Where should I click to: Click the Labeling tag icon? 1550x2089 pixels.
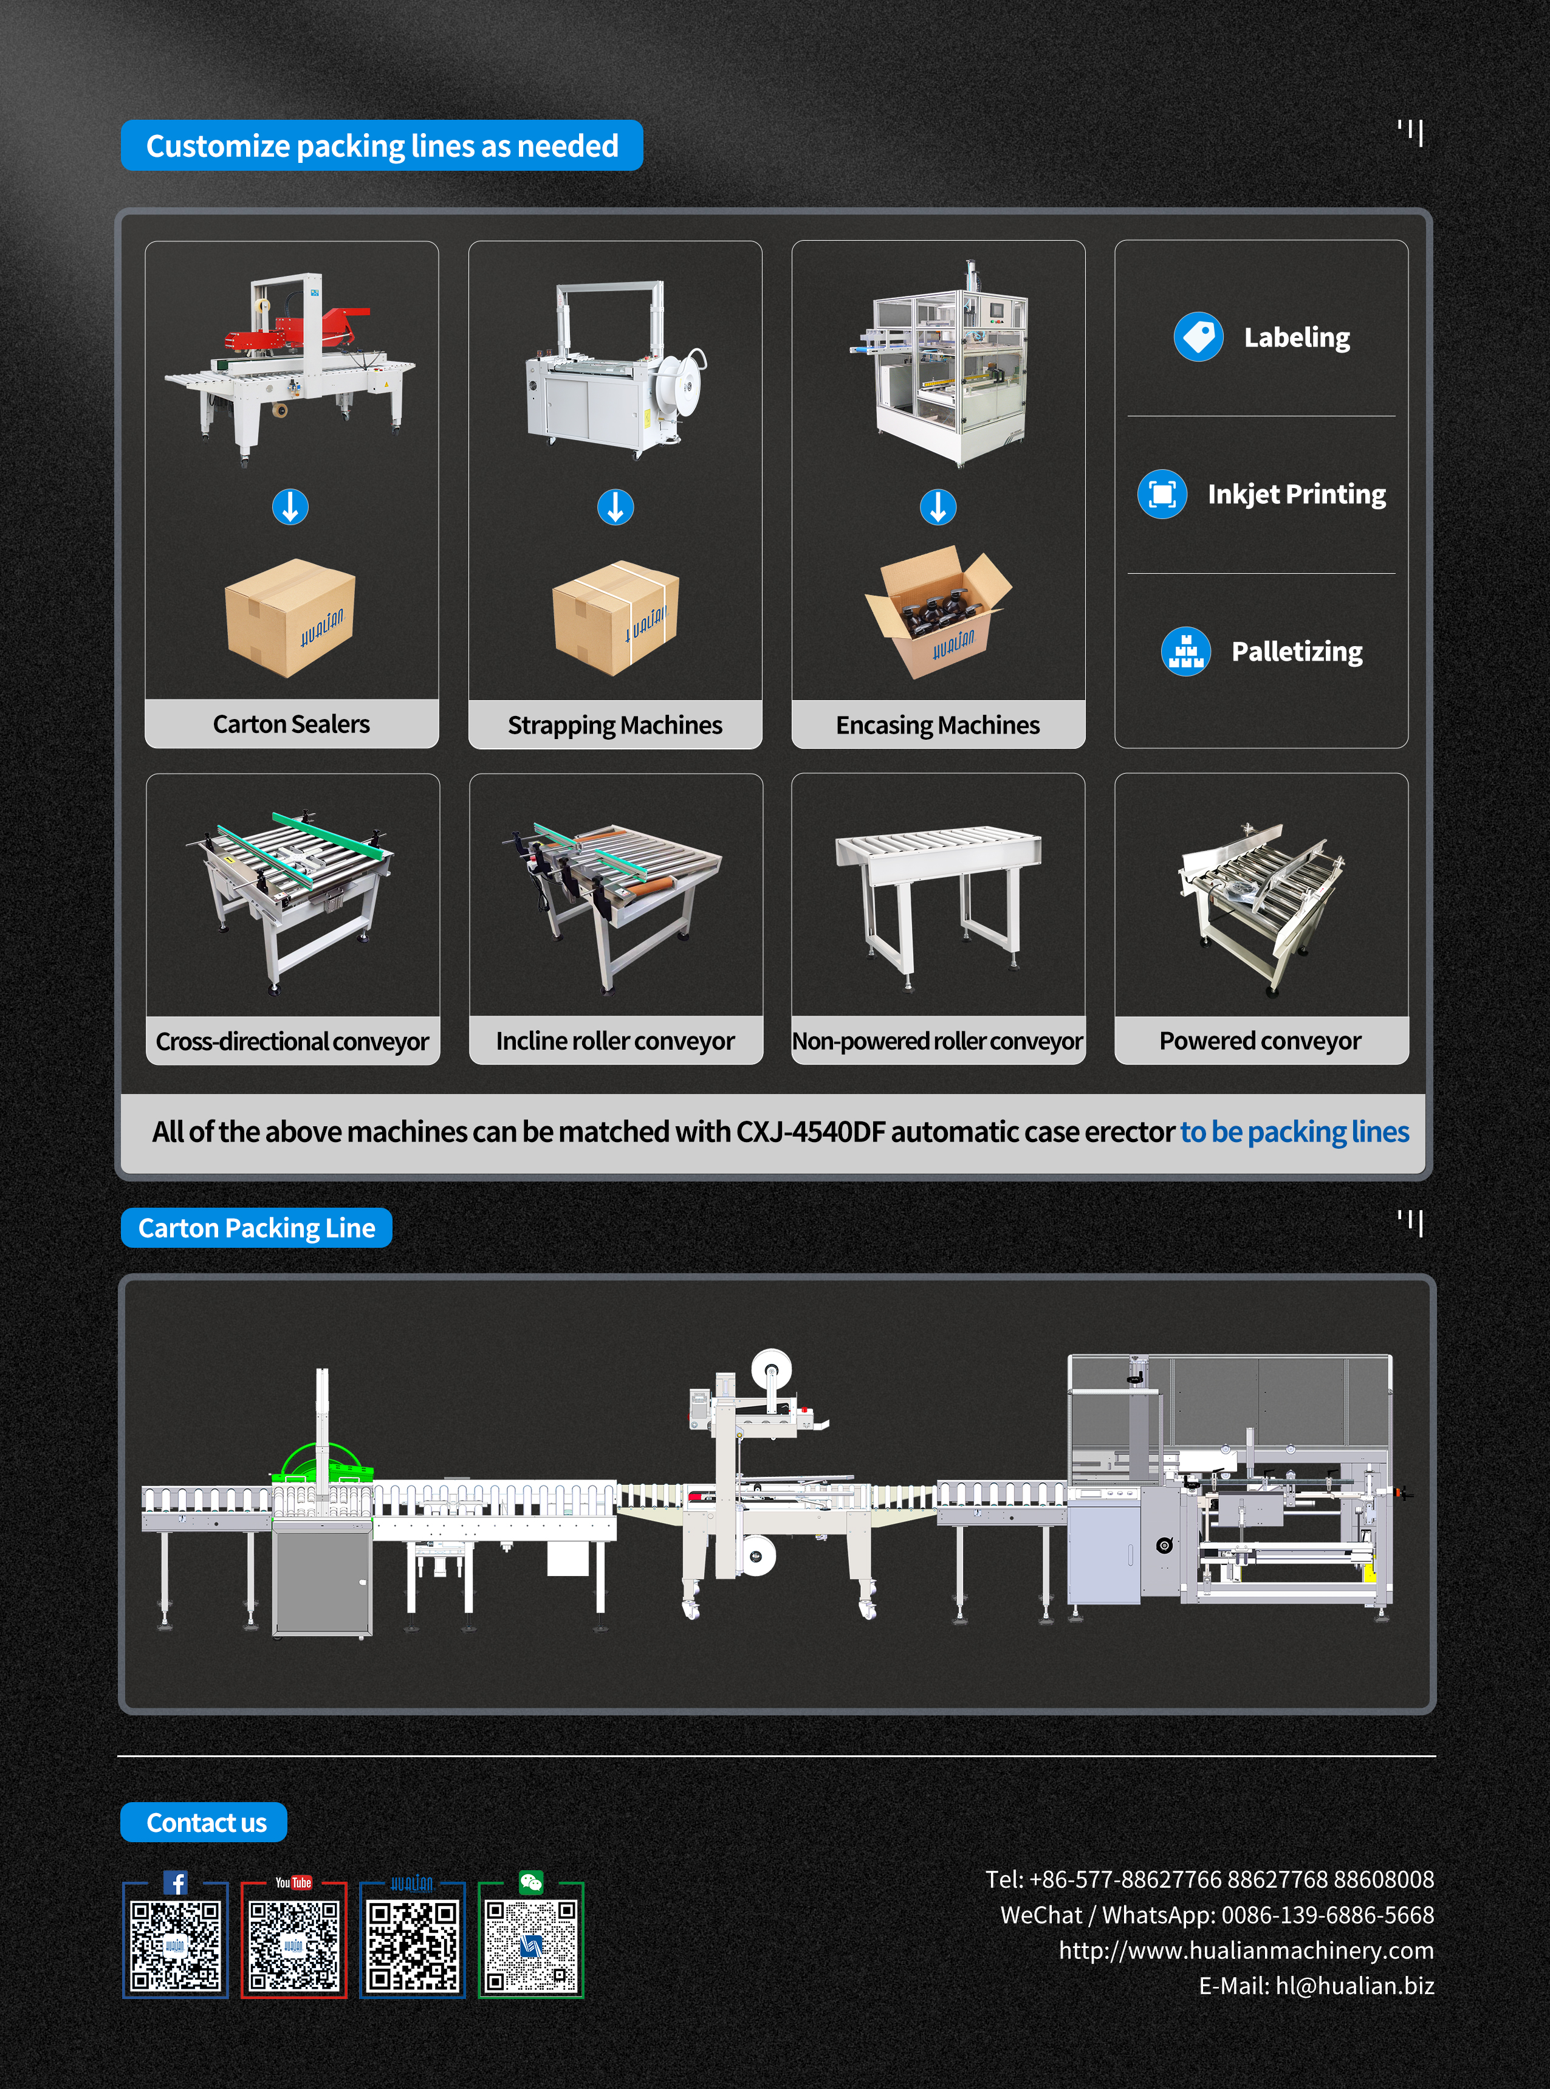(1198, 337)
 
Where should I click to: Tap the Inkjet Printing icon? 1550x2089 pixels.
(1162, 494)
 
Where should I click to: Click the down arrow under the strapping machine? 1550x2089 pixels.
(616, 507)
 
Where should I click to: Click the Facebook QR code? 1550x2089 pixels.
(176, 1944)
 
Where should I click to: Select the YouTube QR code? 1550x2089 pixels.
(293, 1944)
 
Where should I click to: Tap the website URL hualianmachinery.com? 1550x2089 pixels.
(1246, 1950)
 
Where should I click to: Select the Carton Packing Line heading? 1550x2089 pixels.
(256, 1228)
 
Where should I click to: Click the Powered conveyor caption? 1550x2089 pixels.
(1260, 1041)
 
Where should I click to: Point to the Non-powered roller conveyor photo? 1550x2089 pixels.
(938, 897)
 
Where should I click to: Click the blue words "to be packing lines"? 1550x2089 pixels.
(1295, 1132)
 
